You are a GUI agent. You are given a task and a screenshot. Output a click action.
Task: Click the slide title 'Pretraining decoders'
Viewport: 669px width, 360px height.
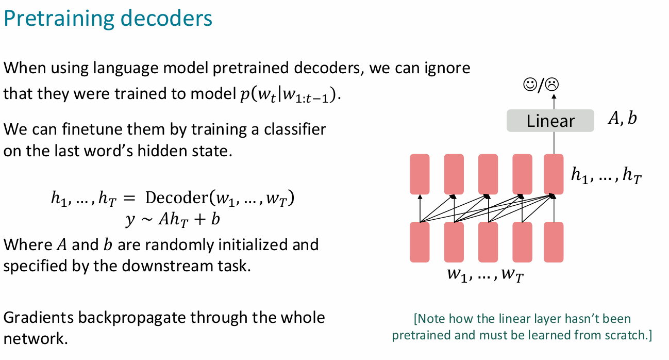click(x=108, y=19)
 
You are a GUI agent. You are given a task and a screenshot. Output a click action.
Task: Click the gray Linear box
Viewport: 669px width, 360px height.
click(x=550, y=121)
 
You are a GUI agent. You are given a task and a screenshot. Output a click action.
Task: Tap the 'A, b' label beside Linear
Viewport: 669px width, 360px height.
click(x=622, y=119)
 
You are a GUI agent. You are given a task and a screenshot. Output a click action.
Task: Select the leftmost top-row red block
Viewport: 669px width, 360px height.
click(x=420, y=174)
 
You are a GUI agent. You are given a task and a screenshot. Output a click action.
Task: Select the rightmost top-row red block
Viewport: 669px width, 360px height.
click(x=554, y=174)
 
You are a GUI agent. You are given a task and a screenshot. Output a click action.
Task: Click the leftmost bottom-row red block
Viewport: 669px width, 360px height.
click(x=420, y=242)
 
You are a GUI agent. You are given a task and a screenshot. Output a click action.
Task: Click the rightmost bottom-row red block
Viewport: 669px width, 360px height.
click(x=554, y=242)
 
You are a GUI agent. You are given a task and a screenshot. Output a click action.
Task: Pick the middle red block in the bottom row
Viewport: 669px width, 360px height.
click(x=488, y=242)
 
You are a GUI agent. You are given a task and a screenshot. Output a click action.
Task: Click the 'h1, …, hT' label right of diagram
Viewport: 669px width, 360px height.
click(x=606, y=176)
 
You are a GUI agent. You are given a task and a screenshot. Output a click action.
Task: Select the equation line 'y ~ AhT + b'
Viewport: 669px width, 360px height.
click(x=172, y=219)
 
